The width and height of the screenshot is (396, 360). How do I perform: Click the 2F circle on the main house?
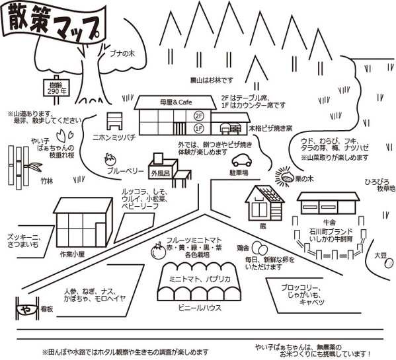click(199, 116)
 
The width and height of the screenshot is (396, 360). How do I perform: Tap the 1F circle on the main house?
click(199, 129)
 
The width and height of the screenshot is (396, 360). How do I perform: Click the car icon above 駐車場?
click(242, 160)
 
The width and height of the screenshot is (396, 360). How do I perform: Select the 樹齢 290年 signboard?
click(56, 88)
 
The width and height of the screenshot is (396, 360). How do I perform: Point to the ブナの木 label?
click(122, 54)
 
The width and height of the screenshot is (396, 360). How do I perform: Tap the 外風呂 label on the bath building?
click(161, 174)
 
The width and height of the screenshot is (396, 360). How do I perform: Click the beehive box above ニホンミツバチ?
click(114, 121)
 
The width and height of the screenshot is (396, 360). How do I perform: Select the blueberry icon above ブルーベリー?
click(110, 159)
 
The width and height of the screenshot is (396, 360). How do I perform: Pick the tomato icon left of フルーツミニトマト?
click(159, 250)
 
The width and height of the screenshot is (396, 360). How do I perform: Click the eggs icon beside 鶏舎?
click(260, 248)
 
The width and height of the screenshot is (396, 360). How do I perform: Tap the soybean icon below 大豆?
click(389, 264)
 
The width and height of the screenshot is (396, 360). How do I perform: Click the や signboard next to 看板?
click(27, 308)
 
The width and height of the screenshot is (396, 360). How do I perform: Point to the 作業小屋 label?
click(72, 254)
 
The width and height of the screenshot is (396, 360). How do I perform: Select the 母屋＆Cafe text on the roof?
click(176, 102)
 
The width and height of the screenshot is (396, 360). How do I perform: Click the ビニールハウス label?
click(200, 308)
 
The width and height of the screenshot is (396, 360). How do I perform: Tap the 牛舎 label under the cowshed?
click(329, 223)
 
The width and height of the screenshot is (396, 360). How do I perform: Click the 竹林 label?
click(47, 181)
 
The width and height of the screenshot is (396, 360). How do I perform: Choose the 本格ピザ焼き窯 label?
click(270, 129)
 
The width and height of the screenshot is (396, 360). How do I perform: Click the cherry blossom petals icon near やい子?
click(65, 135)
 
